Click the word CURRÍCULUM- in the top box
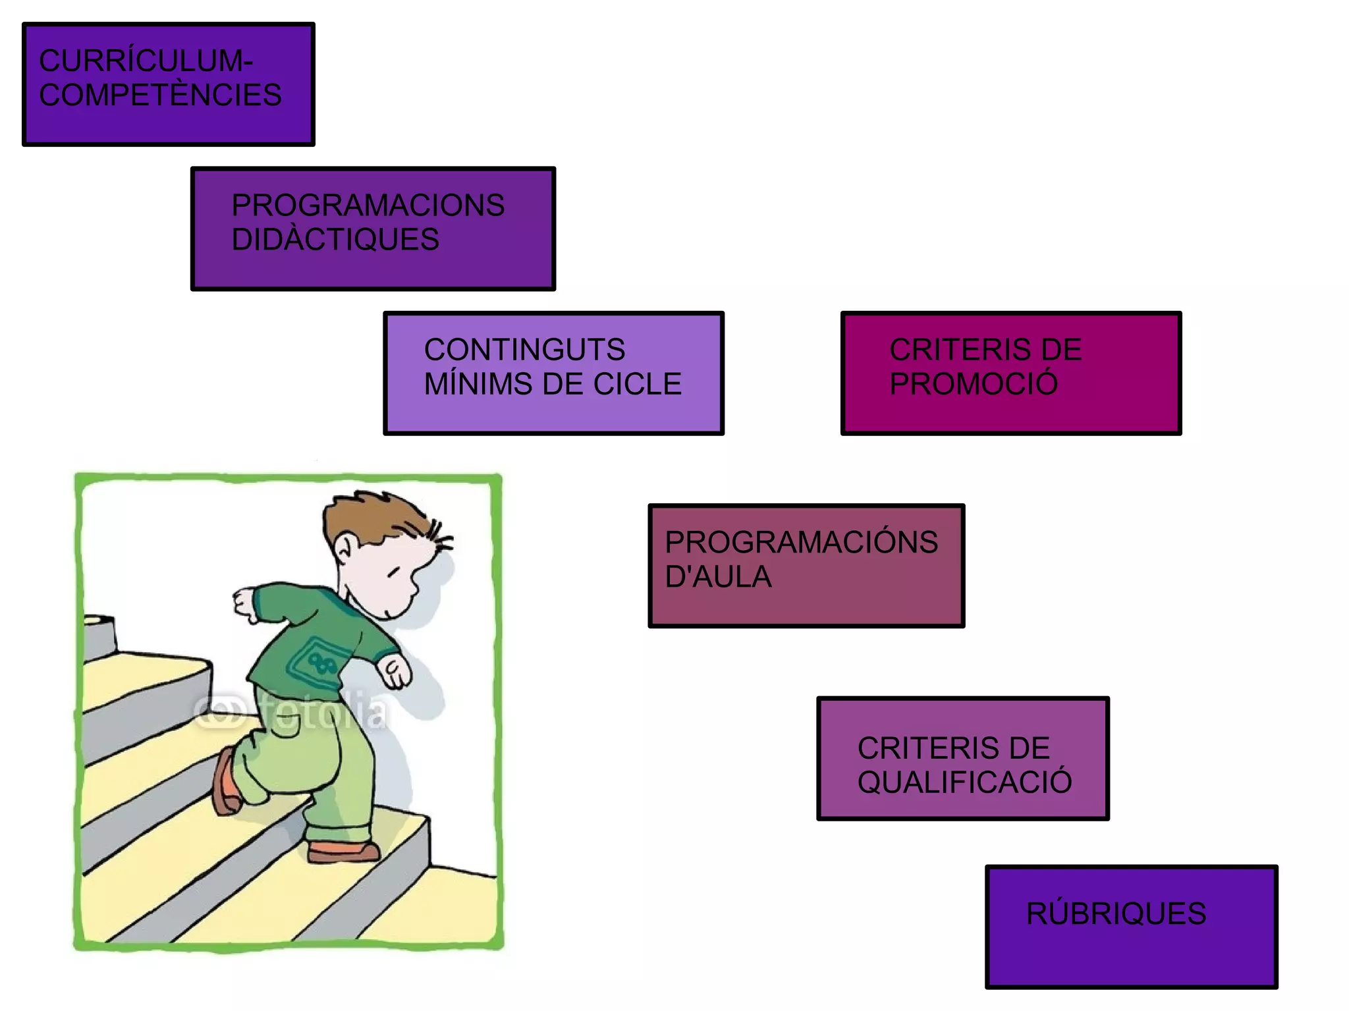click(146, 61)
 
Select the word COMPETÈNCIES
click(160, 96)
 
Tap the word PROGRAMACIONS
click(368, 205)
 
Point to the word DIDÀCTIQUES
click(335, 240)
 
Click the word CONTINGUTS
click(524, 350)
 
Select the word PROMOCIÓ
click(973, 384)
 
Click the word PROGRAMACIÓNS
click(801, 543)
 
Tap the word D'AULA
click(718, 577)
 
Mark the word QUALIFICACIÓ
click(964, 782)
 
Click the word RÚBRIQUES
click(1116, 914)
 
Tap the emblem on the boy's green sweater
click(315, 661)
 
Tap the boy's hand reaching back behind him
click(245, 603)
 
